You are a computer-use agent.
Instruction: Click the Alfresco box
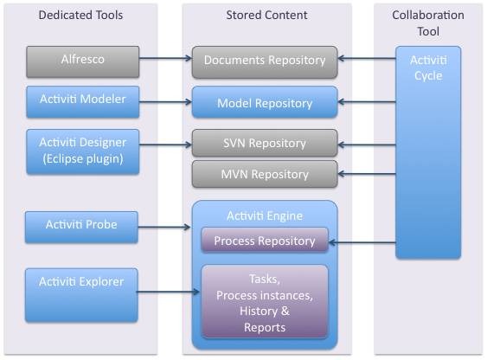83,61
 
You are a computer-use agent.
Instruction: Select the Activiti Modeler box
83,102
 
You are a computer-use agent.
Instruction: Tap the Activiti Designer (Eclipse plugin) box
83,151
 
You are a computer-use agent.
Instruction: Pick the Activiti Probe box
81,227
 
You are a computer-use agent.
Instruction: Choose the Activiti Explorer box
81,295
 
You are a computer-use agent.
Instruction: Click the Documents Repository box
265,62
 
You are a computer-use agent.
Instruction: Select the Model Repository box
265,102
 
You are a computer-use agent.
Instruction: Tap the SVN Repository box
265,143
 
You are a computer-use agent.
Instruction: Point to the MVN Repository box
265,174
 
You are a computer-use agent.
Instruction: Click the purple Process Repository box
265,241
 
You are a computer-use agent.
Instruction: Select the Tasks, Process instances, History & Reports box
265,302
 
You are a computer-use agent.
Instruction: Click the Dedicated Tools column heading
80,15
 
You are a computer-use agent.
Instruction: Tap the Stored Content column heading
266,15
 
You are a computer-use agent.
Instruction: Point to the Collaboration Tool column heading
428,23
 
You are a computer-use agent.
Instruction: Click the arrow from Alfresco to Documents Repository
165,58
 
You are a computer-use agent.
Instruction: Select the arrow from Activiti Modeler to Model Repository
165,101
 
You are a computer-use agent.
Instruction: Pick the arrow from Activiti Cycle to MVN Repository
367,174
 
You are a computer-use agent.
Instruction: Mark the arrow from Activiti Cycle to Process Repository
362,242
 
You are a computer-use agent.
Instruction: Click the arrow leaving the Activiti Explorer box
168,292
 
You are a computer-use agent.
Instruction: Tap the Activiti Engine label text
265,215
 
